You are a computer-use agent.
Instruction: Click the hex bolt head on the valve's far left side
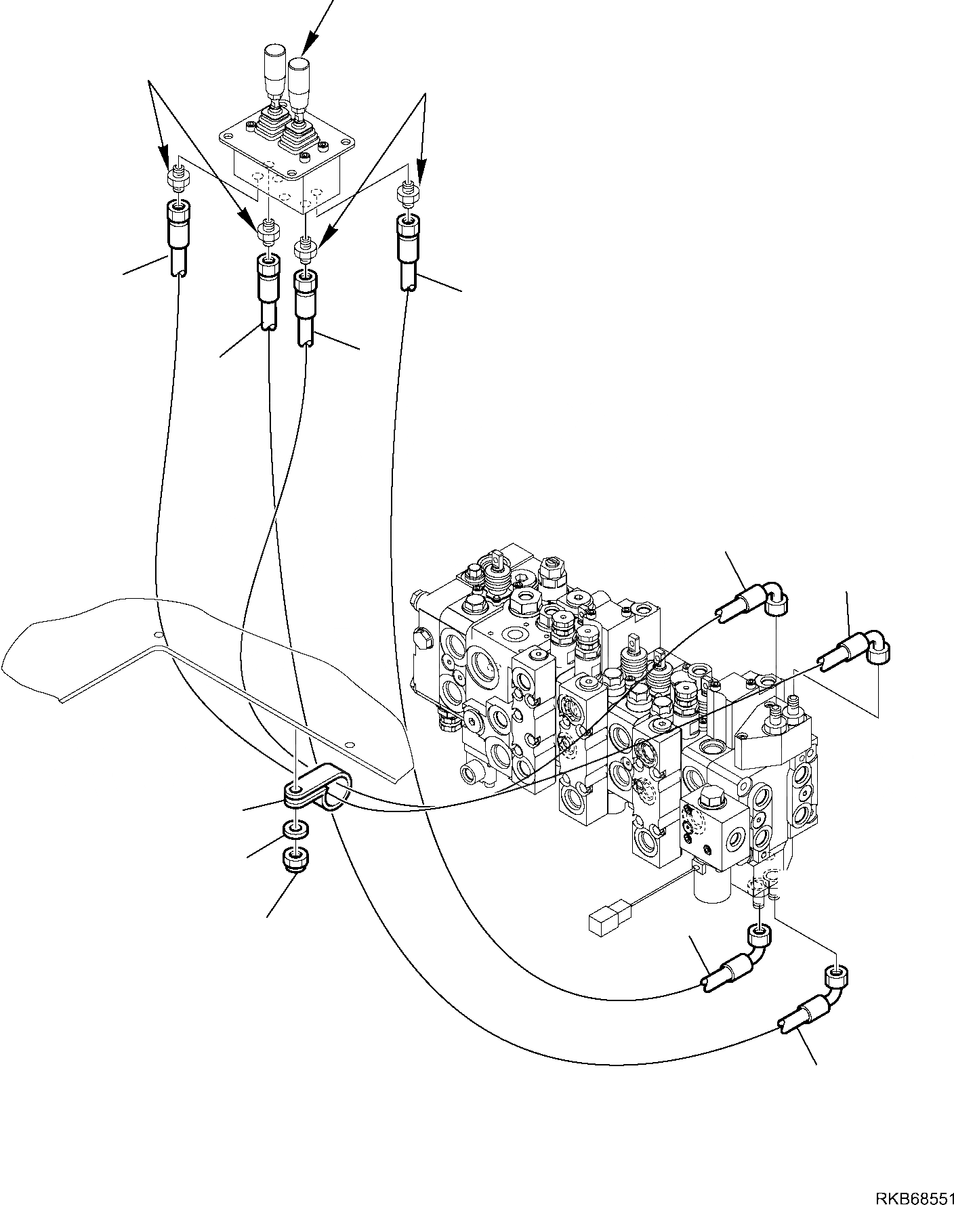[x=421, y=639]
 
